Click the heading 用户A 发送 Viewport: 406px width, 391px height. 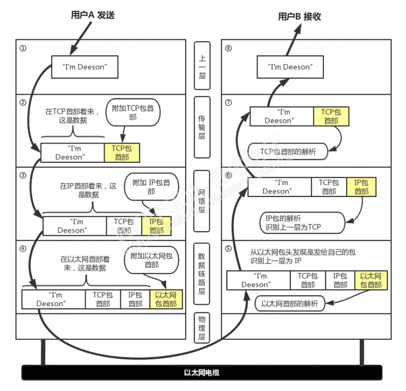pos(93,15)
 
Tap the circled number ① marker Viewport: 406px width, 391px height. pos(23,48)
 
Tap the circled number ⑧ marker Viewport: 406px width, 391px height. pos(229,48)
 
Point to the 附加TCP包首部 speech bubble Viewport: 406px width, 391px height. pos(133,112)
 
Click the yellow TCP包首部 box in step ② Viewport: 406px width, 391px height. pos(122,153)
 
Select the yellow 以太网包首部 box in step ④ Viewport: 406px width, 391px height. pos(166,299)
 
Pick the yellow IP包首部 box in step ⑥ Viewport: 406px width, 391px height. pos(361,187)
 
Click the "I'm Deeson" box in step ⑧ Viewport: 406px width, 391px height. pos(289,67)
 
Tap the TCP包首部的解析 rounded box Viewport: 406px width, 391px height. pos(288,151)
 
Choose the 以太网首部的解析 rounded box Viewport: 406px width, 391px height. pos(289,304)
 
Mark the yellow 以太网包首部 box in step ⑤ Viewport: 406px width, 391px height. pos(371,280)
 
